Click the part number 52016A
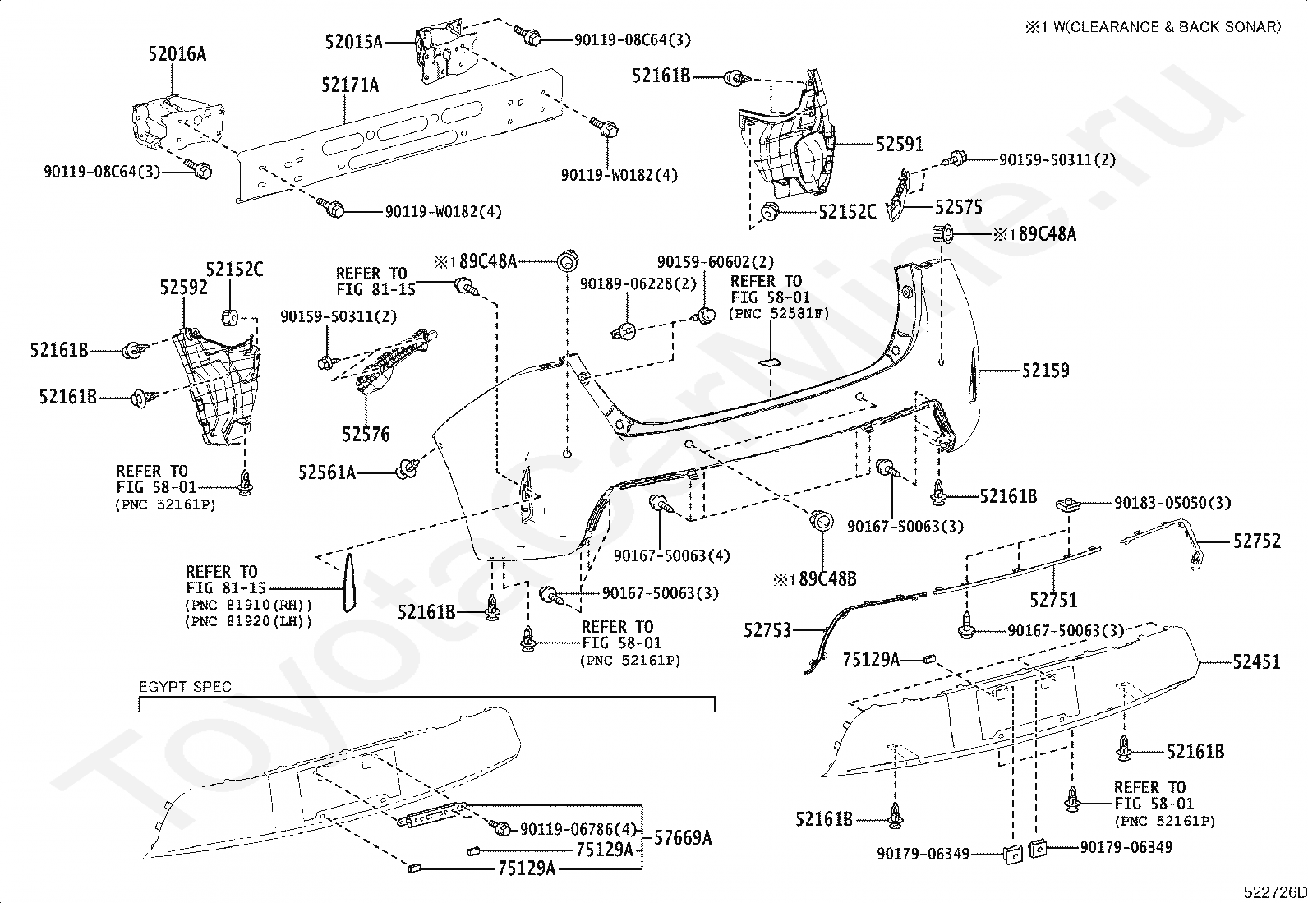click(x=177, y=54)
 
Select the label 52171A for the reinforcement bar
click(x=350, y=85)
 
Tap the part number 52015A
click(x=354, y=42)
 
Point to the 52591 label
click(x=899, y=145)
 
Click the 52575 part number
click(x=959, y=207)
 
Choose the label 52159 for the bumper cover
click(x=1046, y=371)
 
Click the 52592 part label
click(x=184, y=288)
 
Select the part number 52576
click(x=366, y=434)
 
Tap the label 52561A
click(x=327, y=472)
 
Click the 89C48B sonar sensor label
click(x=827, y=578)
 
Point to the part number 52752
click(x=1257, y=541)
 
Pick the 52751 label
click(x=1053, y=600)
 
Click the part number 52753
click(x=767, y=630)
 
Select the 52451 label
click(x=1256, y=661)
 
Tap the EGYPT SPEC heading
click(x=185, y=686)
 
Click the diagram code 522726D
click(x=1275, y=892)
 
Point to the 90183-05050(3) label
click(x=1172, y=503)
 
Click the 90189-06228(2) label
click(x=638, y=283)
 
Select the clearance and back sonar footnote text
click(x=1154, y=27)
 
